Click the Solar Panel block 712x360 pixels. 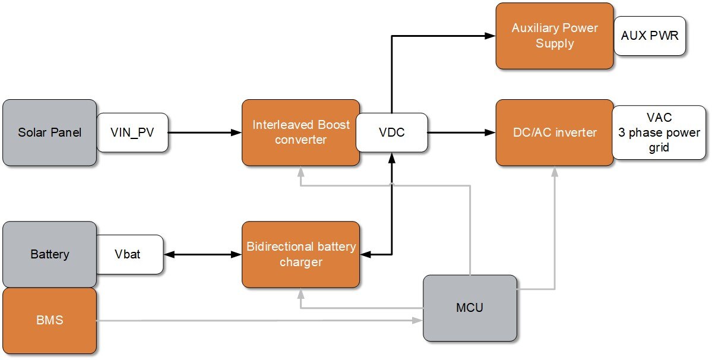(49, 132)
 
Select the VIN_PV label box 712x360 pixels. (132, 132)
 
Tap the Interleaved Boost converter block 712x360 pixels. (300, 132)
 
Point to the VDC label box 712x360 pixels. (392, 132)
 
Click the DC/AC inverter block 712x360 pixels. (554, 132)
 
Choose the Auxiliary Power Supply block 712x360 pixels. (554, 36)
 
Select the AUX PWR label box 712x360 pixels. (650, 36)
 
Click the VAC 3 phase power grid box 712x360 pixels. (659, 132)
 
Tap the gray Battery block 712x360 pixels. (49, 254)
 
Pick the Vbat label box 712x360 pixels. (129, 254)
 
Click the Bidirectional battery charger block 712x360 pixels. (300, 254)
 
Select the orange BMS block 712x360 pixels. (49, 321)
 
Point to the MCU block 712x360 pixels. (470, 308)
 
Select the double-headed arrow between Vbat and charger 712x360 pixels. (202, 254)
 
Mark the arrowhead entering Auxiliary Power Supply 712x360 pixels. (491, 36)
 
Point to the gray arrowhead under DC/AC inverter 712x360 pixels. (555, 170)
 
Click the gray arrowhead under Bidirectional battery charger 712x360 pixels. (301, 293)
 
